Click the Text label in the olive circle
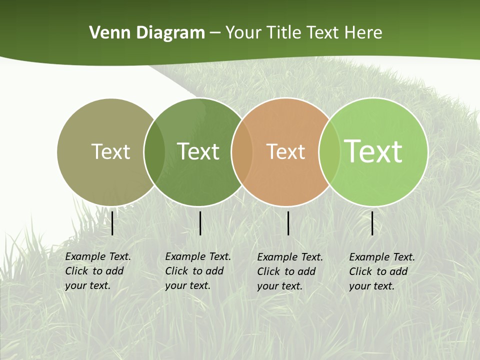[x=111, y=151]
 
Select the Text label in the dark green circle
[x=198, y=151]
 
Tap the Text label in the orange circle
[x=285, y=151]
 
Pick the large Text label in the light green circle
[x=373, y=151]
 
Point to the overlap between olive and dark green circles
[x=154, y=151]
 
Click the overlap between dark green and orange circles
[x=242, y=151]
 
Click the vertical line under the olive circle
[x=112, y=223]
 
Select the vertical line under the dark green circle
[x=200, y=223]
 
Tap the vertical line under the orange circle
[x=288, y=223]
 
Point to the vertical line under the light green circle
[x=372, y=223]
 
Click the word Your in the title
[x=243, y=33]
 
